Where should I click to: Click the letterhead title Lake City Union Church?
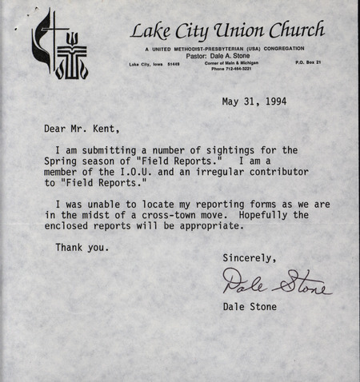tap(227, 32)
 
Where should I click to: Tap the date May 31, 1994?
tap(254, 101)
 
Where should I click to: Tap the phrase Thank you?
tap(82, 247)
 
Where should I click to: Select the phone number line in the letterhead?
tap(230, 69)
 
